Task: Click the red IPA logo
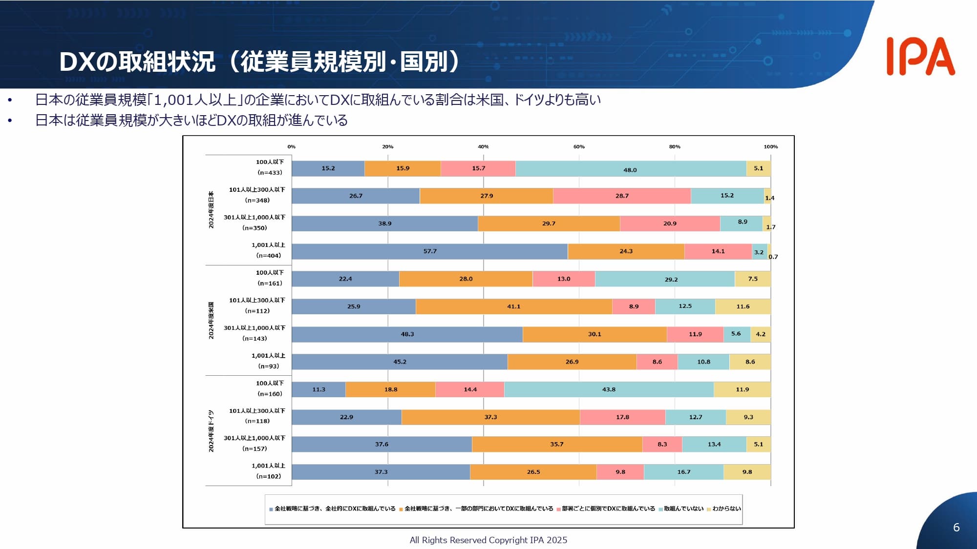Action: [920, 57]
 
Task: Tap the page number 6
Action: [956, 527]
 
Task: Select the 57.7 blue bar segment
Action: [429, 251]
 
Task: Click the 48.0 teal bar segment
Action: [630, 169]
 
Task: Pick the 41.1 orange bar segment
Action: [513, 306]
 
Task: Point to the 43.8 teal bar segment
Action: [609, 389]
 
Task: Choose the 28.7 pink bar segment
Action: [622, 196]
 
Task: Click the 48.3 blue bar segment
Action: [407, 334]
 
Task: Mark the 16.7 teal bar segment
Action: [683, 472]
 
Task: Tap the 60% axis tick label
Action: [579, 146]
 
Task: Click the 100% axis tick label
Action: [770, 146]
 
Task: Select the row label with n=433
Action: [270, 167]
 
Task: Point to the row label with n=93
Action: [268, 361]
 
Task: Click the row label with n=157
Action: [255, 444]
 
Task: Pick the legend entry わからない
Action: [726, 508]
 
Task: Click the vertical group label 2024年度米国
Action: [211, 320]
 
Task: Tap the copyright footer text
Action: [488, 540]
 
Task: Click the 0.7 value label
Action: [773, 257]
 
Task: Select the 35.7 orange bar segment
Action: [556, 445]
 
